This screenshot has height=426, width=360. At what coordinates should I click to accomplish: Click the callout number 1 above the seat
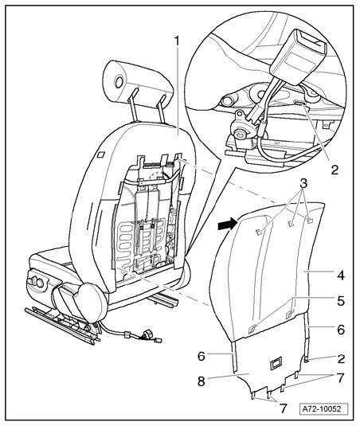(x=177, y=41)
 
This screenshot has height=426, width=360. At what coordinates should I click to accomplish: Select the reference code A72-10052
(x=325, y=408)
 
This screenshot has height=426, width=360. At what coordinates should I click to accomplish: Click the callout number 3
(x=303, y=183)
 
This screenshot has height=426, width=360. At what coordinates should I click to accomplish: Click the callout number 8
(x=202, y=381)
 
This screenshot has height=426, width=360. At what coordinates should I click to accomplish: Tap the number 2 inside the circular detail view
(x=335, y=170)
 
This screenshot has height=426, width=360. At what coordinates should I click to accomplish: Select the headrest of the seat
(x=139, y=81)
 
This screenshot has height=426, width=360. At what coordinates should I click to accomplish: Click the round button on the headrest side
(x=119, y=81)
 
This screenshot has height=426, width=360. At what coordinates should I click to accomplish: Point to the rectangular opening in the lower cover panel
(x=276, y=364)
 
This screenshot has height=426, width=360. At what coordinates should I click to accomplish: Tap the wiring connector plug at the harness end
(x=158, y=340)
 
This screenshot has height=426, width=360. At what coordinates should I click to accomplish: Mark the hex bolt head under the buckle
(x=239, y=135)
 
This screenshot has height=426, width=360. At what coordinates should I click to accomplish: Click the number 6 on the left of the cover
(x=202, y=356)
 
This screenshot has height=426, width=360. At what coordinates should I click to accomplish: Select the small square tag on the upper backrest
(x=100, y=154)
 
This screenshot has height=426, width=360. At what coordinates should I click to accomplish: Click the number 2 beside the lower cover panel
(x=341, y=359)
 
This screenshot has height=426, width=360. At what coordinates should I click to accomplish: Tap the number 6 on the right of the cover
(x=341, y=330)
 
